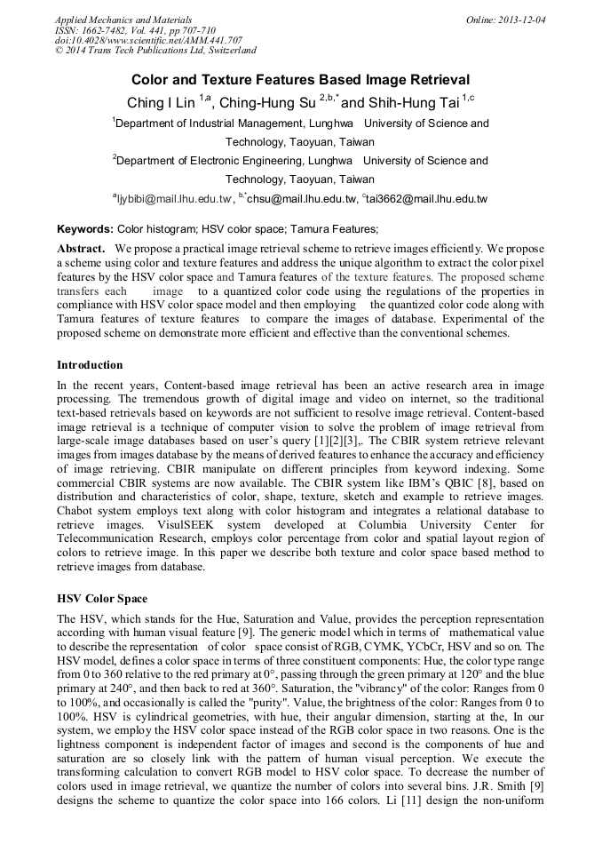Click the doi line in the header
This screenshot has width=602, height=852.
(x=148, y=41)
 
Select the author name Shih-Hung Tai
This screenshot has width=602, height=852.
(x=422, y=103)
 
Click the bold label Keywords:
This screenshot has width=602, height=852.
(x=85, y=229)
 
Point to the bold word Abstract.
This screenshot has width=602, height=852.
(x=81, y=249)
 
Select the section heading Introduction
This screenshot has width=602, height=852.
(x=90, y=365)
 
